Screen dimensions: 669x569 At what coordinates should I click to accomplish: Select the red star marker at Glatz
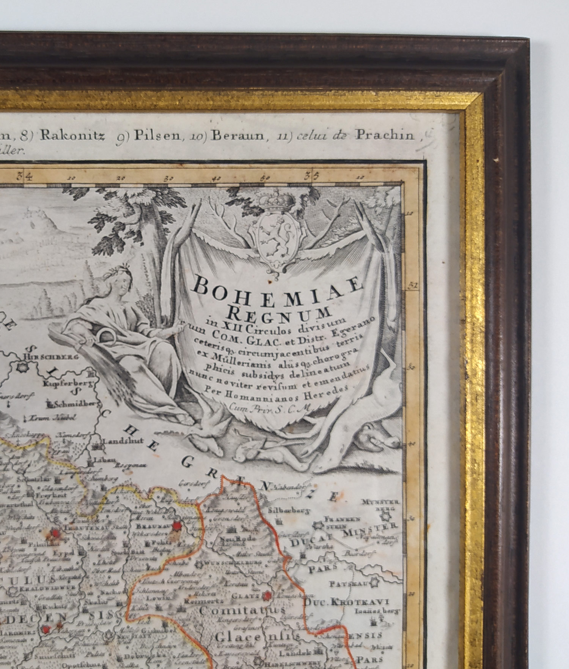(x=268, y=595)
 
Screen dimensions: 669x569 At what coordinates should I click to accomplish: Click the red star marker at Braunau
(x=177, y=526)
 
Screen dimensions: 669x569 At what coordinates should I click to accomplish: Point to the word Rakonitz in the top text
(x=72, y=136)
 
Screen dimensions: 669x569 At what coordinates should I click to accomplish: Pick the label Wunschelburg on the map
(x=227, y=562)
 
